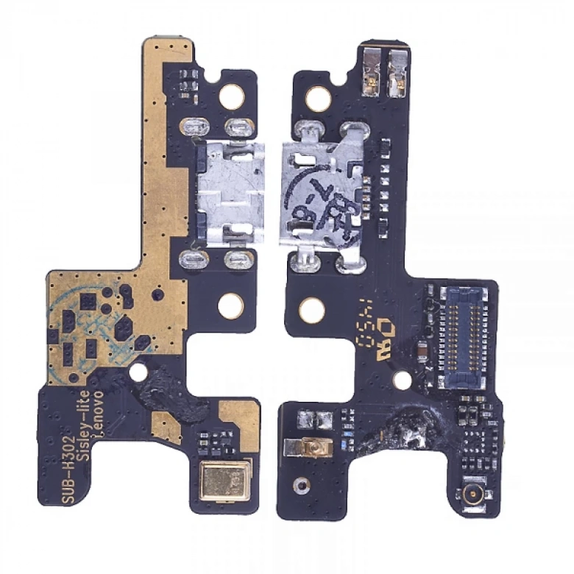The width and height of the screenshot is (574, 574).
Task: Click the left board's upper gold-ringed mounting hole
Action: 231,95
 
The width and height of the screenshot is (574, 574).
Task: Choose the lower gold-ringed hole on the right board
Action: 312,309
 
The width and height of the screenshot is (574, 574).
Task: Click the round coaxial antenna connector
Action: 469,494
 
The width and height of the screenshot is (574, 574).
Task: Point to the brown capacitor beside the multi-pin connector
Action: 419,355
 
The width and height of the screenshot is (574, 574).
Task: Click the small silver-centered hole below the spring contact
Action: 299,484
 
